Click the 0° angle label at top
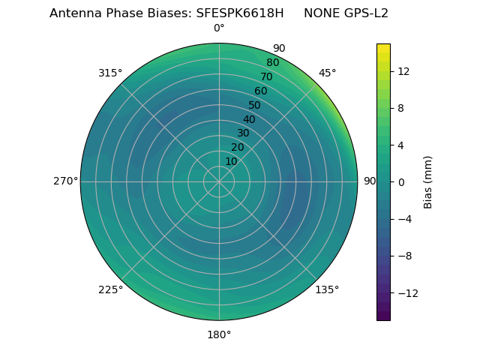click(219, 28)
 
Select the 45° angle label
click(327, 73)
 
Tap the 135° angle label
click(327, 289)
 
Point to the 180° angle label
click(219, 334)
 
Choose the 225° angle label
click(110, 289)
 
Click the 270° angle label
click(65, 181)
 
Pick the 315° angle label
click(110, 73)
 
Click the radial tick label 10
click(231, 161)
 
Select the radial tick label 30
click(243, 133)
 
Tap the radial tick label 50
click(255, 105)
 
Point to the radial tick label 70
click(266, 77)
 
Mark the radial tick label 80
click(272, 63)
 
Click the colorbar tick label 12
click(403, 71)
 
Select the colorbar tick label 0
click(400, 181)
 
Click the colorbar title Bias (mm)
click(428, 181)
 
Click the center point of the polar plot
click(219, 181)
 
